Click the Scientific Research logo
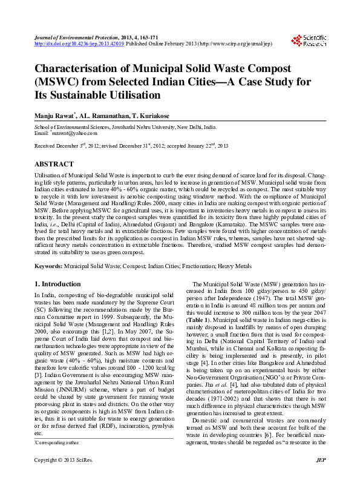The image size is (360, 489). tap(309, 41)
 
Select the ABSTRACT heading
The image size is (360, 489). tap(55, 164)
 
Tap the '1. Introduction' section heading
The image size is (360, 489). tap(57, 284)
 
